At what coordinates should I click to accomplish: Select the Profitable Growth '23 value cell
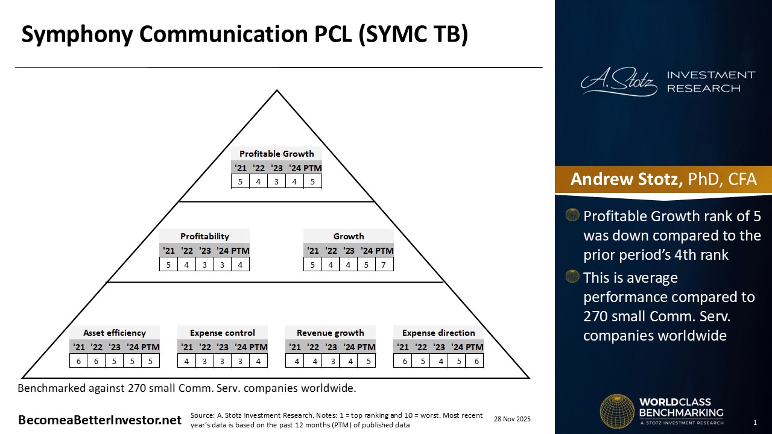[276, 181]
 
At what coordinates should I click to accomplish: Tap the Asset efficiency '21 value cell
[78, 361]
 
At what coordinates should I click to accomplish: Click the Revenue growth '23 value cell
[331, 361]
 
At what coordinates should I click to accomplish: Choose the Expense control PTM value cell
[259, 361]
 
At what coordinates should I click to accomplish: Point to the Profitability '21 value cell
[168, 265]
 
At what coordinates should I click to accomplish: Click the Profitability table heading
[204, 236]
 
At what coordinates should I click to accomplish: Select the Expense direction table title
[438, 333]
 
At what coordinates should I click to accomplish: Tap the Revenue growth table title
[330, 333]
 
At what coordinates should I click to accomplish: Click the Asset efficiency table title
[115, 333]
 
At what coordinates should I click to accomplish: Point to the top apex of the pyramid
[277, 90]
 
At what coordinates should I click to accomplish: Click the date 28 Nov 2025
[512, 419]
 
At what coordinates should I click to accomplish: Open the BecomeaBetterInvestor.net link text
[100, 420]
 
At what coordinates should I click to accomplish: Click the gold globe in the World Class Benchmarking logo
[617, 412]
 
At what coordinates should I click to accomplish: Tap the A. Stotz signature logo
[619, 81]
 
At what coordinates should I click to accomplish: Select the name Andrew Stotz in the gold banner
[627, 179]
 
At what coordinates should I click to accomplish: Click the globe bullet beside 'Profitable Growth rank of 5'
[572, 215]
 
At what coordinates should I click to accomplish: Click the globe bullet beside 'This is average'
[572, 276]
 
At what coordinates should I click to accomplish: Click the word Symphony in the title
[77, 34]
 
